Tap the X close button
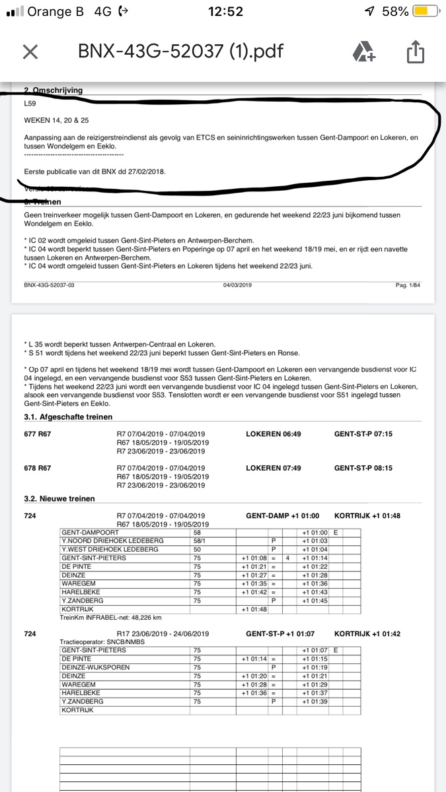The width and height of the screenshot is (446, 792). pyautogui.click(x=30, y=52)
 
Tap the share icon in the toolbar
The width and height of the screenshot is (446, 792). pyautogui.click(x=414, y=51)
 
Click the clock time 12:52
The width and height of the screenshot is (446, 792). pyautogui.click(x=225, y=12)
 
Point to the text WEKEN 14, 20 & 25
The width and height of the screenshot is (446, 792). pyautogui.click(x=56, y=121)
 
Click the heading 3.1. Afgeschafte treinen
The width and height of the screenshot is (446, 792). pyautogui.click(x=68, y=416)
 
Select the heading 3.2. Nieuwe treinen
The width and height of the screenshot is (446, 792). pyautogui.click(x=59, y=499)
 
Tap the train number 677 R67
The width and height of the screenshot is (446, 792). pyautogui.click(x=37, y=434)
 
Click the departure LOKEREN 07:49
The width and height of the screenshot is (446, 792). pyautogui.click(x=273, y=468)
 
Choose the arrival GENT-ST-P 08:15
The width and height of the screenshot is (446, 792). pyautogui.click(x=363, y=468)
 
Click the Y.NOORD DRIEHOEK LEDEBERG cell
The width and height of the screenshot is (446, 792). pyautogui.click(x=105, y=541)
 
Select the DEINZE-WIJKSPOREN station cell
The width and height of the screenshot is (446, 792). pyautogui.click(x=95, y=667)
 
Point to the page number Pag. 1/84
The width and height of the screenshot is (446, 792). pyautogui.click(x=408, y=284)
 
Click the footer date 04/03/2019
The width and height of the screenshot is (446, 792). pyautogui.click(x=238, y=284)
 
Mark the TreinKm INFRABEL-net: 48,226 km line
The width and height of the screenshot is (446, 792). pyautogui.click(x=111, y=618)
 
